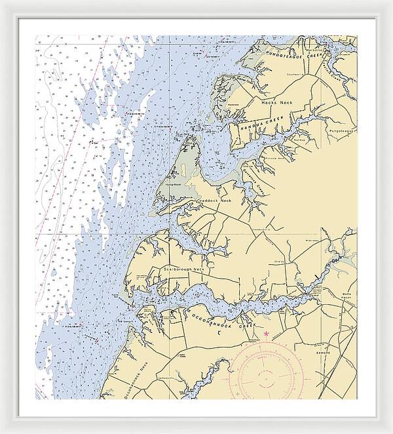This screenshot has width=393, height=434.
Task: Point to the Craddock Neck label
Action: pyautogui.click(x=215, y=201)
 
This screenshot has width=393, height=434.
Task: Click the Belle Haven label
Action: pyautogui.click(x=348, y=296)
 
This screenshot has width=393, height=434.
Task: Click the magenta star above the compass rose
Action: pyautogui.click(x=266, y=335)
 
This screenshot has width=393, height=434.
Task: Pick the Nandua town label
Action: pyautogui.click(x=299, y=140)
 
